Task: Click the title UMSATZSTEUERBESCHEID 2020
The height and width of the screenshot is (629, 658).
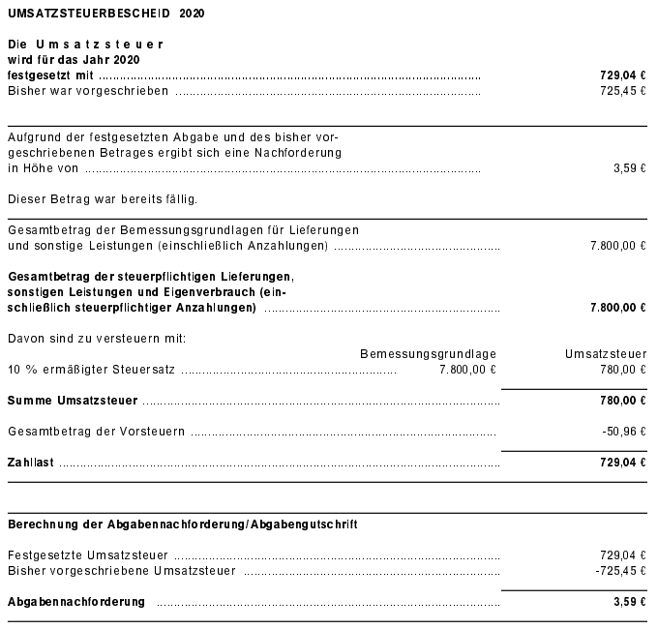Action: (x=100, y=15)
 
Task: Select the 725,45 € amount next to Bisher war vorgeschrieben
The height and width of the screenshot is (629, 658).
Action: (x=623, y=91)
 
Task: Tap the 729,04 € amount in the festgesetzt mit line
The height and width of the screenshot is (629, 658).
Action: (x=623, y=75)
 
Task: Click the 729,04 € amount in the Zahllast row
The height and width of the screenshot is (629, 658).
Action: (x=623, y=463)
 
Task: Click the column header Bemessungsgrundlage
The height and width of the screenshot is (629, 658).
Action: (x=428, y=354)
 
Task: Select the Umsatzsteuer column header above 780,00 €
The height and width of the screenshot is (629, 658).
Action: (x=606, y=354)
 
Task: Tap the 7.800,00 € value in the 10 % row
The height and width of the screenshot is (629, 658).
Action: (x=467, y=370)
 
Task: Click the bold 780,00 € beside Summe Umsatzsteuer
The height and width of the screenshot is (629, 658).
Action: (x=623, y=400)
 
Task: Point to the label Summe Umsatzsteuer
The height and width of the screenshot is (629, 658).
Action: (x=73, y=400)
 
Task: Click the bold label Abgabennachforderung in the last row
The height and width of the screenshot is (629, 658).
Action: (x=75, y=602)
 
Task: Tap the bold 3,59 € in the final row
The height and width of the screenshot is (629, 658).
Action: (x=629, y=602)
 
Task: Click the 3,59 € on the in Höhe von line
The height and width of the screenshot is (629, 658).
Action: (x=629, y=168)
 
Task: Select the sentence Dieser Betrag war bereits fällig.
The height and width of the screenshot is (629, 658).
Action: (x=102, y=199)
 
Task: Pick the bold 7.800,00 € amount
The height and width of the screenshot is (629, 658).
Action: (x=617, y=308)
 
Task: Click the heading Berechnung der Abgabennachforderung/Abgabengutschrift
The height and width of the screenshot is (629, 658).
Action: (x=182, y=524)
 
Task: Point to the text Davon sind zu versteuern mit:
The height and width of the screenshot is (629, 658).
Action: (x=96, y=339)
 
